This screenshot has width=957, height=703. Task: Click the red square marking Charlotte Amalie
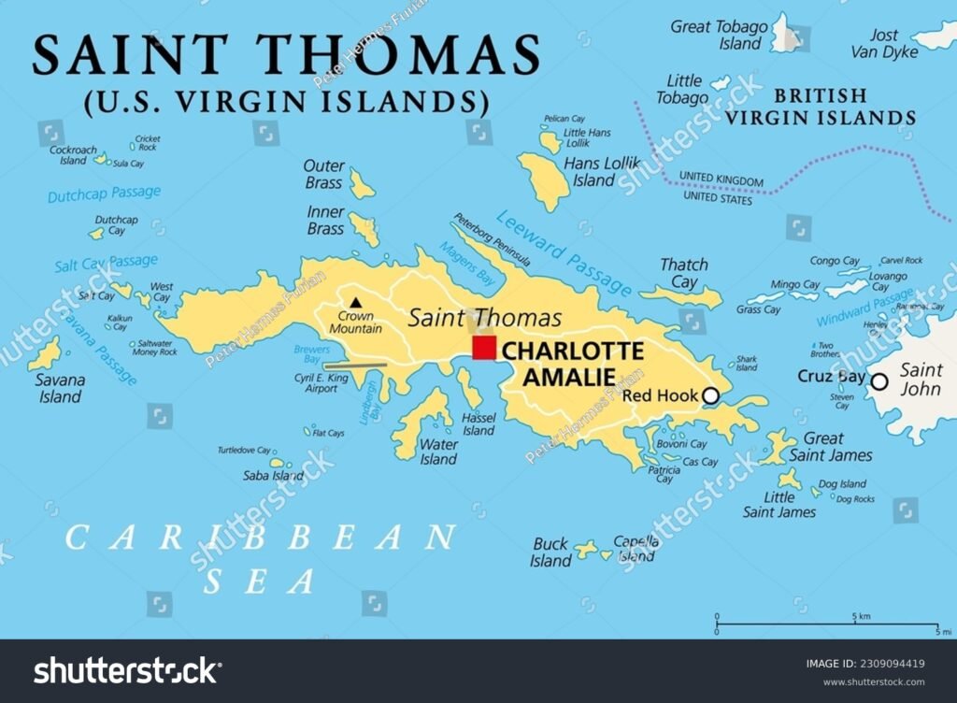483,348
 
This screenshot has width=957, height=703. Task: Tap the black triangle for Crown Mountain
355,302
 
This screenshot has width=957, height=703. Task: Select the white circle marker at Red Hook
710,396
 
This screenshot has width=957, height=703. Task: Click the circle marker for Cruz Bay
878,380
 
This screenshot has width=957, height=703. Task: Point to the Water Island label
438,452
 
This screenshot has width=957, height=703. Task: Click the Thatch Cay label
684,273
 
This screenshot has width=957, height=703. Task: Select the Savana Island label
61,388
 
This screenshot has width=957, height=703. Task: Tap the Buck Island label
550,552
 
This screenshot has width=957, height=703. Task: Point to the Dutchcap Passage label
104,194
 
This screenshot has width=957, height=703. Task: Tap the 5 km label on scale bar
861,617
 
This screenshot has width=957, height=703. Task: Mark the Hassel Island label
478,424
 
